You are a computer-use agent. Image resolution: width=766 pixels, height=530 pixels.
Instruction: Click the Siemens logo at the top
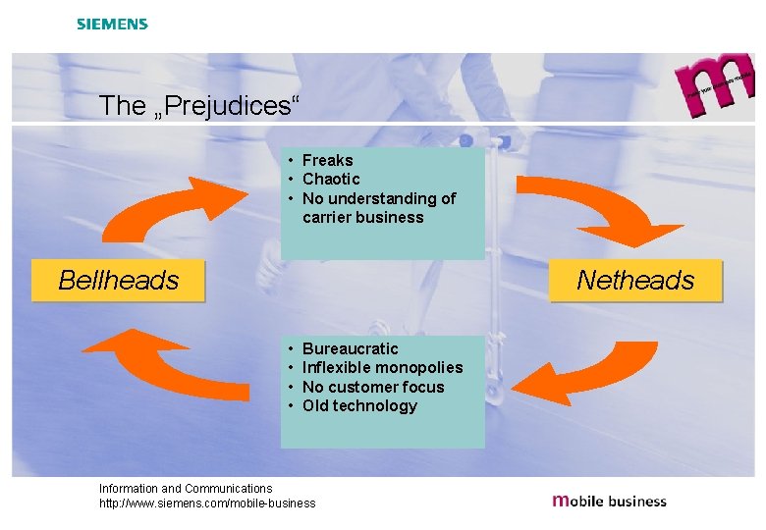tap(112, 24)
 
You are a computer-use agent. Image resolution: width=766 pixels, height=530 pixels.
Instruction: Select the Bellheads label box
tap(119, 281)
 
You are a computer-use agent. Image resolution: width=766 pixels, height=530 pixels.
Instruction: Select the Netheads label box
tap(634, 281)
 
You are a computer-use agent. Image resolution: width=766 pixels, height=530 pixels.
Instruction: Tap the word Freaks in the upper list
tap(327, 160)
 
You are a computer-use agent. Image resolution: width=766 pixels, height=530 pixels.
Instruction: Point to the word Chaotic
tap(331, 179)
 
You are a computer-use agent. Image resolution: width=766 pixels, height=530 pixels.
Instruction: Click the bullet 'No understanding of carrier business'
tap(378, 208)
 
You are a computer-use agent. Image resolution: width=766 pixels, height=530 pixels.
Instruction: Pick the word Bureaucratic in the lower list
tap(350, 348)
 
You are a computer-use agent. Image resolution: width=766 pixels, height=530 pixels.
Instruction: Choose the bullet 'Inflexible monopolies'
tap(382, 367)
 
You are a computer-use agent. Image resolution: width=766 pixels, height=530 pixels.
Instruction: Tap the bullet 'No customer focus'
tap(373, 387)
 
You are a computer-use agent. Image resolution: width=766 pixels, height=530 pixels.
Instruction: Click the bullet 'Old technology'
tap(359, 405)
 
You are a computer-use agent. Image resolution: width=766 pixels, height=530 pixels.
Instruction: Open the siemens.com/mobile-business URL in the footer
tap(207, 503)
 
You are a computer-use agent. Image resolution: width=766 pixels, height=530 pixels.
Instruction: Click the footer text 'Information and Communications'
tap(186, 488)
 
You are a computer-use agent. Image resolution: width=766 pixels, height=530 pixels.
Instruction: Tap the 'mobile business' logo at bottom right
tap(609, 501)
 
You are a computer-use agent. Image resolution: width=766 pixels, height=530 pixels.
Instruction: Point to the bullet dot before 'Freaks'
tap(292, 160)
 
